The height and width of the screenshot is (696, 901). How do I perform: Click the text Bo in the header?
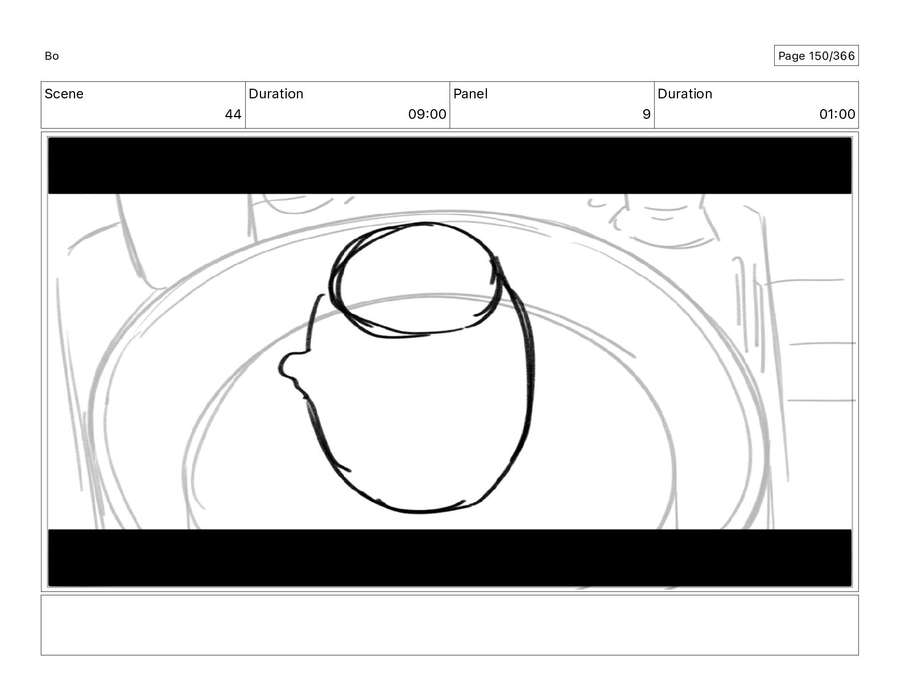pos(52,56)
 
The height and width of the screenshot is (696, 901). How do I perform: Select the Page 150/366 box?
pos(816,56)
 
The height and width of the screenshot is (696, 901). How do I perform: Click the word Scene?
pos(64,94)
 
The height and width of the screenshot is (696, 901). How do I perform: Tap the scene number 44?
pos(233,114)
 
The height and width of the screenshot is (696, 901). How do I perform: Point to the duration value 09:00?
pos(427,114)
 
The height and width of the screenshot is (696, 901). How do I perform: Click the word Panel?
pos(470,94)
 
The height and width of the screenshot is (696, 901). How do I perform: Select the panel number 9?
pos(646,114)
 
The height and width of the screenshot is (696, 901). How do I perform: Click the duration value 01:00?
pos(837,114)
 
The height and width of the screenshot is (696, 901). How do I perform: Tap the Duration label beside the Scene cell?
pos(276,94)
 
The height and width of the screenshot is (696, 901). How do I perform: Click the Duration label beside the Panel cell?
pos(684,94)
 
